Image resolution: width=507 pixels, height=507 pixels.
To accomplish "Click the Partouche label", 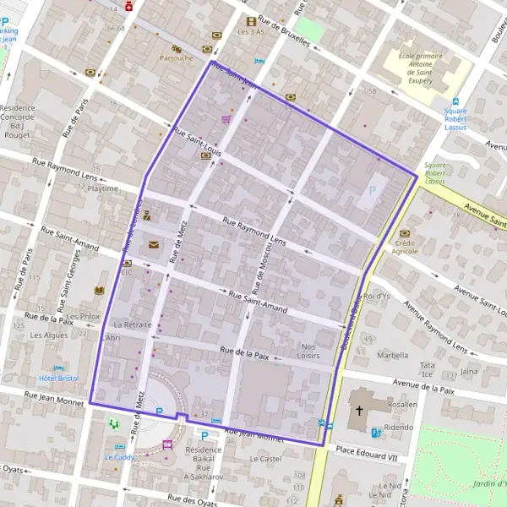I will click(176, 58).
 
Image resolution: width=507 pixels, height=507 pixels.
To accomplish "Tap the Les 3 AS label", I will click(251, 32).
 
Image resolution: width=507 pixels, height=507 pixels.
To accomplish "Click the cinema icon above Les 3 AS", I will click(251, 20).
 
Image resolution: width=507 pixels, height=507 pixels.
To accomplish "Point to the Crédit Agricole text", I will click(405, 246).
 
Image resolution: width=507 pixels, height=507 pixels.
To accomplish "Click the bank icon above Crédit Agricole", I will click(405, 232).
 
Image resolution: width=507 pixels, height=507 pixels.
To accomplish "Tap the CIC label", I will click(127, 272).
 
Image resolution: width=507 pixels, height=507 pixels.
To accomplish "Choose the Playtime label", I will click(103, 188).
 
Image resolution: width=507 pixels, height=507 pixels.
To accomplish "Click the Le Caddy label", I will click(119, 457).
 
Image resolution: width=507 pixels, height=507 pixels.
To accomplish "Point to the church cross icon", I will click(358, 411).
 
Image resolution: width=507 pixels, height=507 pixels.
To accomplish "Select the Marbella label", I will click(392, 356).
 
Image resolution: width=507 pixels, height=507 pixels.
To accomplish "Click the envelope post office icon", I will click(153, 245).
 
